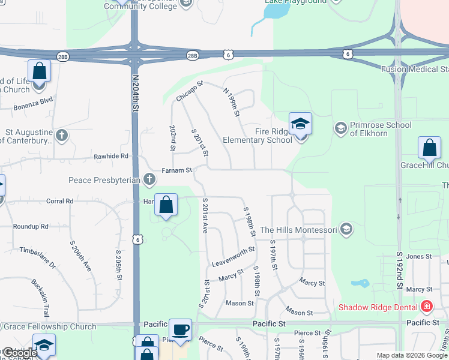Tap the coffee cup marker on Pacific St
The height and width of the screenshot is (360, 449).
(x=180, y=330)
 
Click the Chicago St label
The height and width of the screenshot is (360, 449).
(x=190, y=91)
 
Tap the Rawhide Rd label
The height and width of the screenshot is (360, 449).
(x=111, y=156)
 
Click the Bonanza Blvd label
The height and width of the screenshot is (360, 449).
(x=34, y=104)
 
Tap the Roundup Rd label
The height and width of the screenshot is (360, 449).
(x=31, y=226)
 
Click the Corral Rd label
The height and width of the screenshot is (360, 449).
(x=59, y=201)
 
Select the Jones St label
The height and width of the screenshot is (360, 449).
(x=419, y=256)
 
